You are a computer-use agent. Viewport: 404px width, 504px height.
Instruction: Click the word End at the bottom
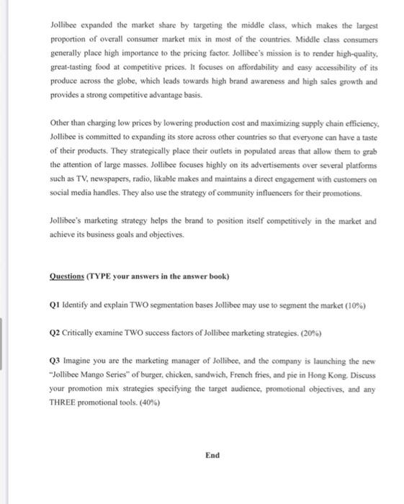coord(212,455)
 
